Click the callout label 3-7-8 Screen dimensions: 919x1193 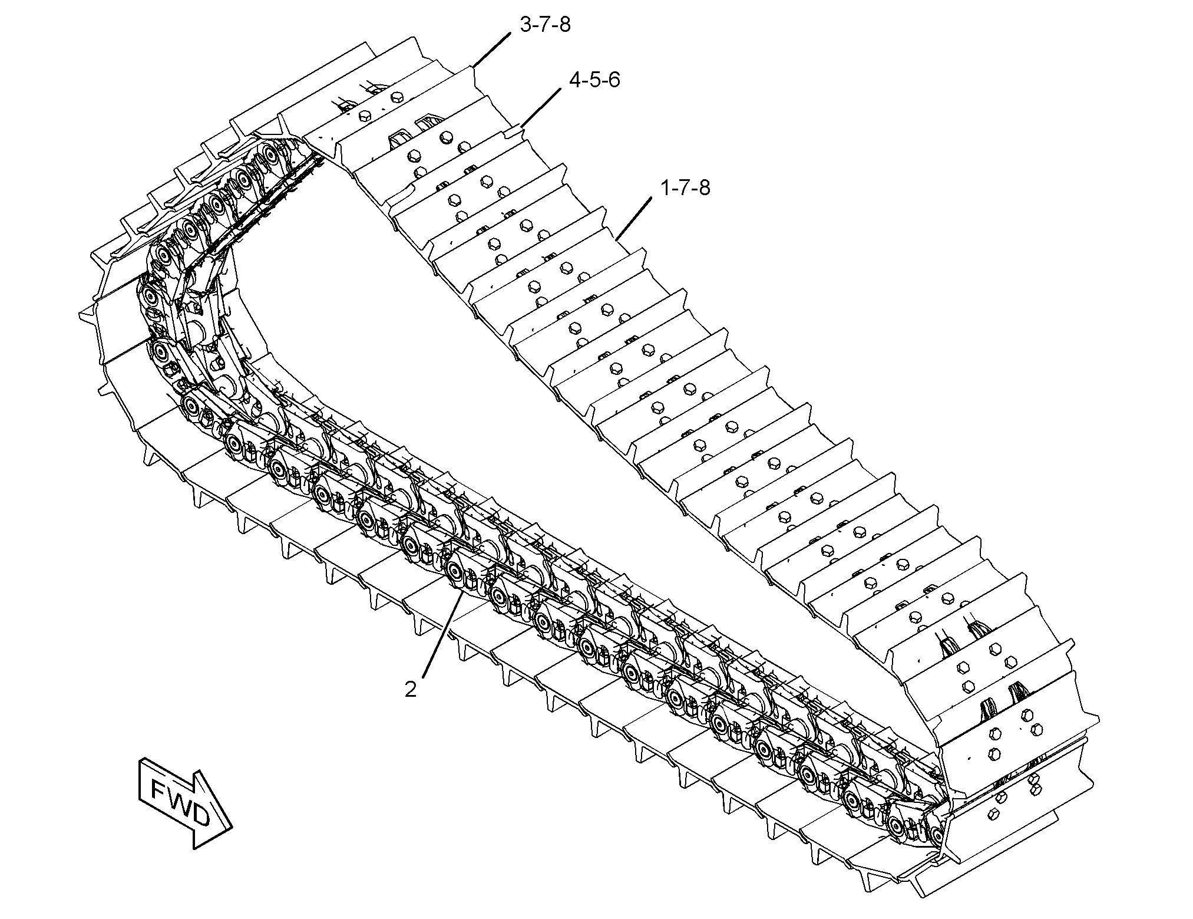click(545, 25)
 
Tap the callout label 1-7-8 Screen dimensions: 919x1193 click(685, 188)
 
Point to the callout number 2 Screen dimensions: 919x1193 click(411, 689)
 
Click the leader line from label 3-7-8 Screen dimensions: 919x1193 click(493, 50)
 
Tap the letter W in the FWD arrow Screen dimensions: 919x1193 click(181, 803)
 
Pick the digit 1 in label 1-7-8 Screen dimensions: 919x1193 click(666, 188)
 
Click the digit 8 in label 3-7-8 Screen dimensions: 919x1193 click(564, 25)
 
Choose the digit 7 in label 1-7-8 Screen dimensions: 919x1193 click(685, 188)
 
